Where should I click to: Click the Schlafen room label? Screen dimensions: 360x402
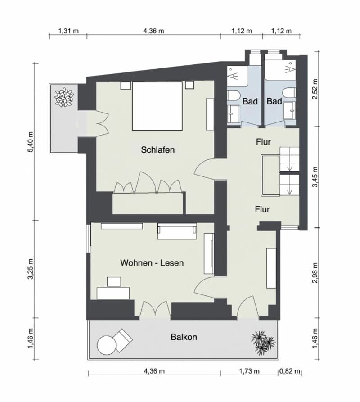coord(158,150)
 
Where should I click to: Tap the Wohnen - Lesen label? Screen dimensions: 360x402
coord(152,263)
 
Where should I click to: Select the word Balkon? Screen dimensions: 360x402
coord(184,337)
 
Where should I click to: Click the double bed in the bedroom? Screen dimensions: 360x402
coord(157,106)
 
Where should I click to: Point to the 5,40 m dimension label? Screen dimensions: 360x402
coord(31,142)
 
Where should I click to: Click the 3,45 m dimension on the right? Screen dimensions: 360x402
coord(315,177)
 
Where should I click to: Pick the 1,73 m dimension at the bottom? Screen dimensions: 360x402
coord(249,371)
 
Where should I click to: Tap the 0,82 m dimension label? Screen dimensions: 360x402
coord(290,371)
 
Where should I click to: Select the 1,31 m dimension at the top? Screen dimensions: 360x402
coord(68,31)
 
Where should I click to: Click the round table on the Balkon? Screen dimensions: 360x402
coord(107,345)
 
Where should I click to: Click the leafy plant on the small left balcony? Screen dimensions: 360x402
coord(64,97)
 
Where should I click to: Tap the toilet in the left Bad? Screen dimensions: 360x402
coord(233,95)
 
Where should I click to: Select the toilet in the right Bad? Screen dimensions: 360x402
coord(289,94)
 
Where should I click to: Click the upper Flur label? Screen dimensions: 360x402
coord(263,142)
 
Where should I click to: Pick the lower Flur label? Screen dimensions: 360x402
coord(262,209)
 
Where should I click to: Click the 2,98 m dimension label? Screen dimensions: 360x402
coord(315,272)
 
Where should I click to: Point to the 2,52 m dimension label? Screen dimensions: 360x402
coord(315,89)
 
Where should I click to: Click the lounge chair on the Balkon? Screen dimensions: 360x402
coord(124,340)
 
